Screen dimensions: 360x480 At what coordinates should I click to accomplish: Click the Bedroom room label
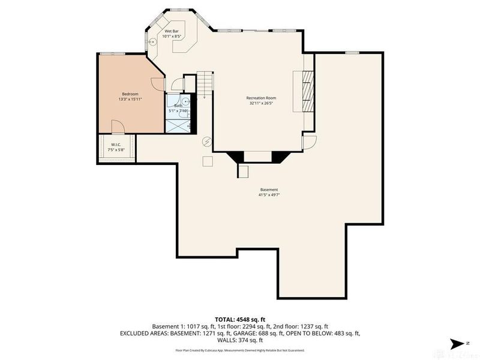[x=130, y=94]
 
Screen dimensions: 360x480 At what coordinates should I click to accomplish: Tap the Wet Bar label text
[x=172, y=31]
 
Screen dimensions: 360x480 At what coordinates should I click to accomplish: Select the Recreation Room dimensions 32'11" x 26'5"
[x=261, y=103]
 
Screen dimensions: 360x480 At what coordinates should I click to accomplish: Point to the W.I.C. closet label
[x=116, y=144]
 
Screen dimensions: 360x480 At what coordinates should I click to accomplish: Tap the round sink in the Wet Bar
[x=152, y=42]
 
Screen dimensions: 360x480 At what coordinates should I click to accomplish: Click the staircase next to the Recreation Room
[x=205, y=80]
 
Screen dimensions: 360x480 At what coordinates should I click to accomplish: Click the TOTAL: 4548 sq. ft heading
[x=239, y=319]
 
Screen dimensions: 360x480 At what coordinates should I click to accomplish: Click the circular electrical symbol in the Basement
[x=207, y=142]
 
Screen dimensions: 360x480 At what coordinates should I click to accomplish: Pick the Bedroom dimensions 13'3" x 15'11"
[x=130, y=99]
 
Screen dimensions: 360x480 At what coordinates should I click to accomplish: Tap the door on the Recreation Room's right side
[x=308, y=142]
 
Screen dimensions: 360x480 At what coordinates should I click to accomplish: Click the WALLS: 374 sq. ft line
[x=239, y=340]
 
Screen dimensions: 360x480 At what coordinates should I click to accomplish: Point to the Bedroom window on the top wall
[x=116, y=54]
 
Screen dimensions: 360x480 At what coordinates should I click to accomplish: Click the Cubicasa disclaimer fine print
[x=239, y=350]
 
